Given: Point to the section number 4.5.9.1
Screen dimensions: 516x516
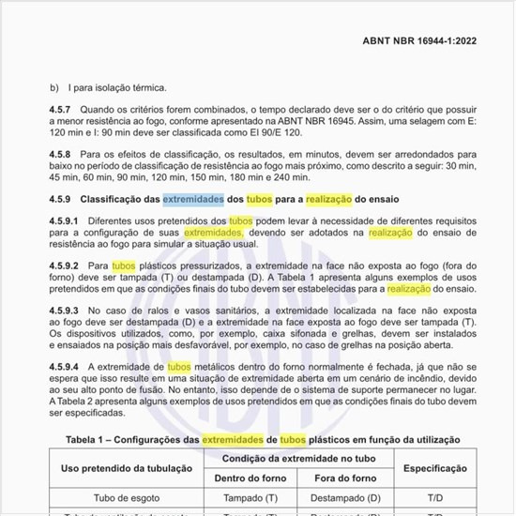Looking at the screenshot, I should [x=66, y=220].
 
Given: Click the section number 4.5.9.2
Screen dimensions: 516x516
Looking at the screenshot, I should [x=66, y=266].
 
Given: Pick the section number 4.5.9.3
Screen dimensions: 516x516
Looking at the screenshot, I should [x=66, y=309].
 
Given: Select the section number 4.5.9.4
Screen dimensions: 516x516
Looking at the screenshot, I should [x=66, y=365].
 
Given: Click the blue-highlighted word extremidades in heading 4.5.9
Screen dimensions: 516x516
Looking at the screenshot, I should [x=194, y=200].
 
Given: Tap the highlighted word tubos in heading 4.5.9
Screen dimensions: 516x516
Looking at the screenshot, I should [x=263, y=200].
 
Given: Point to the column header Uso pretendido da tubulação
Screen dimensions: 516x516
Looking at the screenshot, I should [x=127, y=466].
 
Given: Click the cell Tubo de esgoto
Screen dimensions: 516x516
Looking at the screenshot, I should [x=127, y=498].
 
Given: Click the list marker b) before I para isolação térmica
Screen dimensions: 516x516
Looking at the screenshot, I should [x=53, y=88].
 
